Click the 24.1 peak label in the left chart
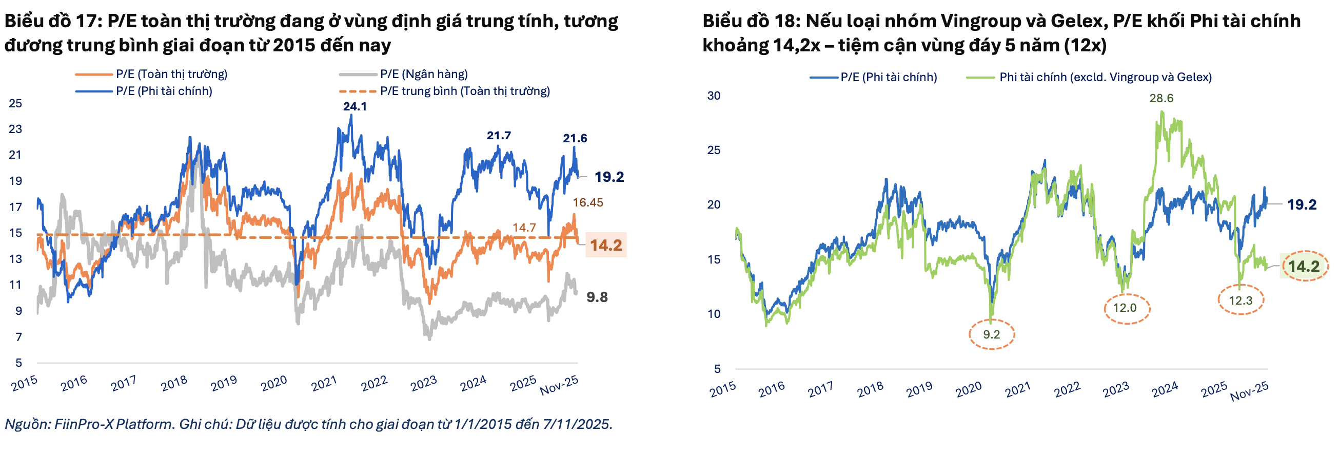(x=355, y=107)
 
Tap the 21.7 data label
(x=499, y=136)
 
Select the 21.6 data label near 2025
(x=575, y=138)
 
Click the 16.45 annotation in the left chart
(x=587, y=203)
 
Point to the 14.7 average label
(x=523, y=228)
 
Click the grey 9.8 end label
(x=597, y=297)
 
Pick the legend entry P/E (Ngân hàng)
(x=424, y=74)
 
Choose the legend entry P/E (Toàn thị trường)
(x=171, y=74)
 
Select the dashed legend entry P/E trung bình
(x=464, y=91)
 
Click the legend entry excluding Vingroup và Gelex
(x=1105, y=78)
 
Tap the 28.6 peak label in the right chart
(x=1160, y=98)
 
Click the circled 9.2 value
(x=991, y=334)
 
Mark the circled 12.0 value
(x=1125, y=308)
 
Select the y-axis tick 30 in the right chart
(x=714, y=96)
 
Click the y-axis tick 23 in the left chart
(x=15, y=129)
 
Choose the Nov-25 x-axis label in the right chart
(x=1249, y=391)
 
